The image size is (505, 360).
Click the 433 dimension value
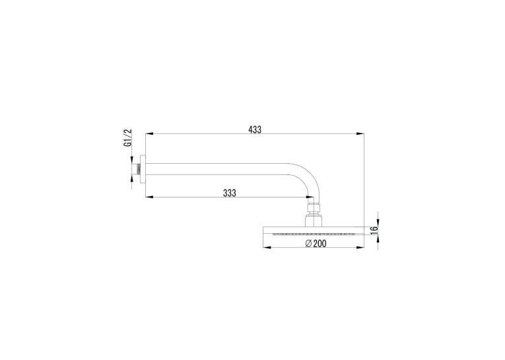click(x=255, y=129)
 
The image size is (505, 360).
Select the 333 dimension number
click(x=229, y=193)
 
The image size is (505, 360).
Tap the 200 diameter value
click(x=320, y=244)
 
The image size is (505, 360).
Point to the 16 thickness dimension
click(x=374, y=230)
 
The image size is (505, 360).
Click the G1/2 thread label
click(x=128, y=138)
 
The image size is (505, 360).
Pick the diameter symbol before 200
click(x=308, y=244)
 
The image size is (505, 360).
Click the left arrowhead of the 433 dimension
click(x=149, y=133)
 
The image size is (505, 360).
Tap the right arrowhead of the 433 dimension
click(x=360, y=133)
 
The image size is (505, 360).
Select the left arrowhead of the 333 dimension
click(x=149, y=197)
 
